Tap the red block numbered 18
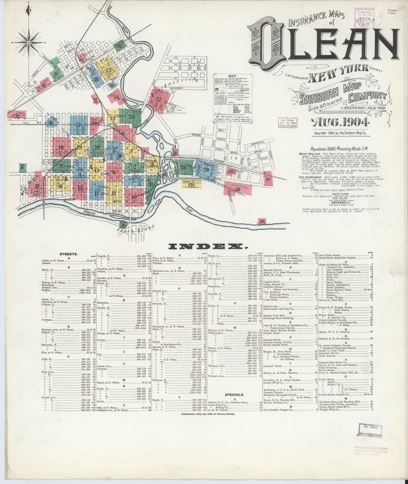(61, 148)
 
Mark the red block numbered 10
(134, 196)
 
